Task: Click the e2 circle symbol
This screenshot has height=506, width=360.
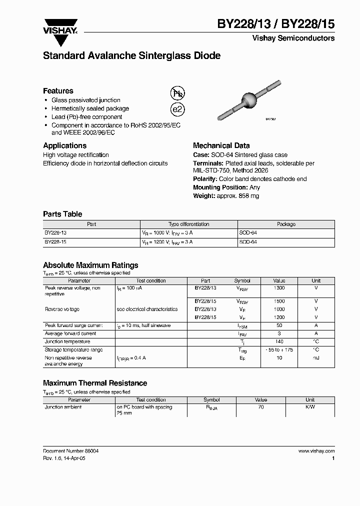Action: [x=177, y=110]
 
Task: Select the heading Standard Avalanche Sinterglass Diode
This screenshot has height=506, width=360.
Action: [x=131, y=56]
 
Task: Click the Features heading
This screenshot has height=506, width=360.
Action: [x=58, y=91]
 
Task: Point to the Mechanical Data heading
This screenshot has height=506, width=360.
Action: [x=221, y=145]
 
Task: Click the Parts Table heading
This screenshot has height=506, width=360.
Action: [x=62, y=214]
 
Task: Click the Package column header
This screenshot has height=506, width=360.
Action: [x=286, y=224]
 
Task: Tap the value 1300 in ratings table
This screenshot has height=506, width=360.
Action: [x=279, y=288]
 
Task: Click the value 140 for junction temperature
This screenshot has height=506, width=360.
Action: [x=279, y=341]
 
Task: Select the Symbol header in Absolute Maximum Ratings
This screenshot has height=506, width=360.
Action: [x=242, y=281]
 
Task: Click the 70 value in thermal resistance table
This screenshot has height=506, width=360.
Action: [x=261, y=407]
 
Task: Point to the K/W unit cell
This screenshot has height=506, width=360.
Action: [x=310, y=407]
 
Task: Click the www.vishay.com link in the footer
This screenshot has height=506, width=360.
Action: [x=316, y=451]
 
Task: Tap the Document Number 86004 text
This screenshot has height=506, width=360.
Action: [x=70, y=451]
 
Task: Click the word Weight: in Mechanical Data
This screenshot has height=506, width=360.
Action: [x=204, y=196]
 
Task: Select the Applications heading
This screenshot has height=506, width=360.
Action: [x=64, y=145]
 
